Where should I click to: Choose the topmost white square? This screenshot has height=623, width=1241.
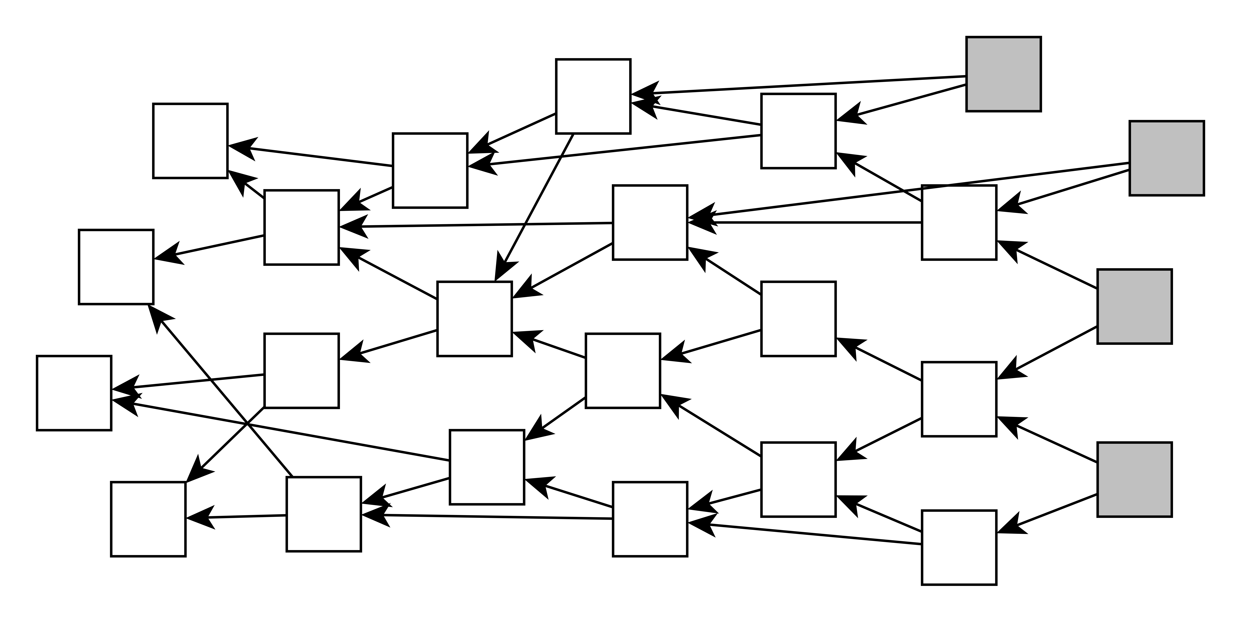point(593,96)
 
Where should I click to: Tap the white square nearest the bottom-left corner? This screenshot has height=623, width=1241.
point(148,519)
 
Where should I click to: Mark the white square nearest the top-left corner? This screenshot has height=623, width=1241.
point(190,141)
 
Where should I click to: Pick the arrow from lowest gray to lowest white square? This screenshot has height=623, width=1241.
point(1048,513)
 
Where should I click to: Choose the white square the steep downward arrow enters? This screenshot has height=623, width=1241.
point(474,319)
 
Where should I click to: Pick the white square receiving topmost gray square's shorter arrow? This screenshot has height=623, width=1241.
point(798,131)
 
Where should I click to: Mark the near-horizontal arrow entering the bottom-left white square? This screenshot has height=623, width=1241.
point(236,517)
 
